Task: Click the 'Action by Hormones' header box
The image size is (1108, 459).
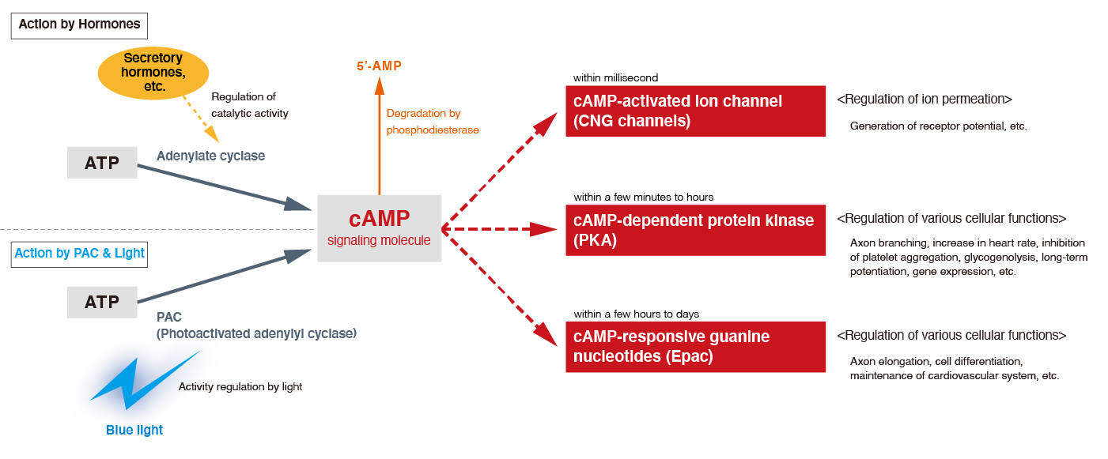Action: (x=79, y=24)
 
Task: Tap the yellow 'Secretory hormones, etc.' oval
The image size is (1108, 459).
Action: (x=153, y=73)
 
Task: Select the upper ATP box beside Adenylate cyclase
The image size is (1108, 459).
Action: (x=102, y=163)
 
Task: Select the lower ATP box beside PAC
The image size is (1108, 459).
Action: (x=102, y=302)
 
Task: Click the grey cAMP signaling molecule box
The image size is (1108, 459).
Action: (x=379, y=228)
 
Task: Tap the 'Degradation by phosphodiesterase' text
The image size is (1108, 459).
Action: (x=432, y=122)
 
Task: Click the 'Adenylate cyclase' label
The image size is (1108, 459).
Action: (x=210, y=156)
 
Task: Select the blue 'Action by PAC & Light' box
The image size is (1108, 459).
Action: (x=80, y=254)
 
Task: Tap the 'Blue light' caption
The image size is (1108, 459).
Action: (x=134, y=431)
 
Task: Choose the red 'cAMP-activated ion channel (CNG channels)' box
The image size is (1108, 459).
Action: (x=695, y=111)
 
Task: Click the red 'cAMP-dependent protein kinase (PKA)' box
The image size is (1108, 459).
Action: (x=695, y=230)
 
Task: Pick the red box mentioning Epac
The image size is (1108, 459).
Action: (x=695, y=347)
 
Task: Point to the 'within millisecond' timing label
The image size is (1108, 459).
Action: (x=615, y=78)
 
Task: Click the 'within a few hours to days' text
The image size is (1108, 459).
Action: (x=636, y=314)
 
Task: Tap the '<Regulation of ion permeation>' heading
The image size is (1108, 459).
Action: (x=924, y=100)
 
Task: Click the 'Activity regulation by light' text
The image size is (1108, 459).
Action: (x=240, y=387)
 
